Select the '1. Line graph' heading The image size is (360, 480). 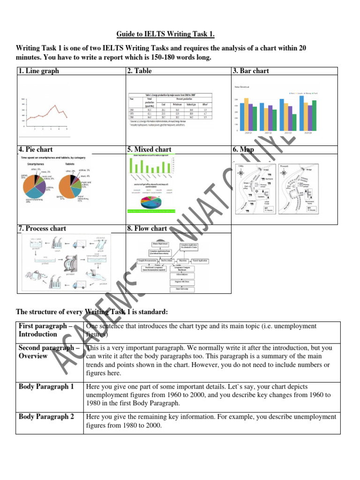39,71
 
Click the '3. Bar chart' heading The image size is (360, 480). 250,71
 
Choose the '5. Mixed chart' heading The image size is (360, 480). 149,150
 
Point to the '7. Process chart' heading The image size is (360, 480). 42,228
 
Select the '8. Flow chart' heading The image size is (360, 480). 147,228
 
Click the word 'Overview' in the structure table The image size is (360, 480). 33,356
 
